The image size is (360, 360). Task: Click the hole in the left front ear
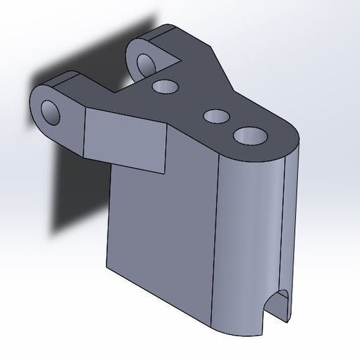click(51, 112)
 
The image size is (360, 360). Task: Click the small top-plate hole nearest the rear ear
click(165, 87)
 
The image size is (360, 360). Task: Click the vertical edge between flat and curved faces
click(216, 244)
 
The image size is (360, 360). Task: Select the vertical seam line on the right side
click(285, 230)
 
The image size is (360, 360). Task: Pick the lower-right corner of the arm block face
click(163, 170)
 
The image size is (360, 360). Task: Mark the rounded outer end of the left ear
click(35, 112)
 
